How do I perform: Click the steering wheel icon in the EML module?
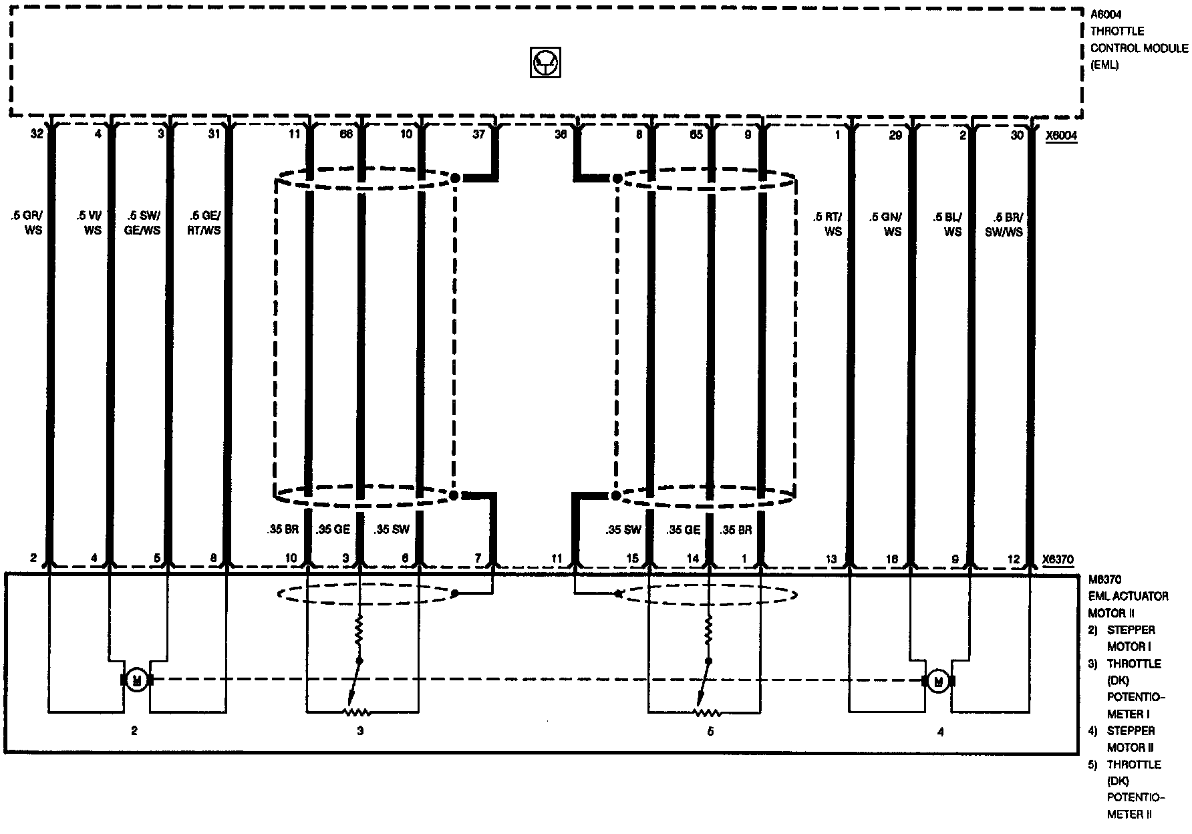[x=545, y=62]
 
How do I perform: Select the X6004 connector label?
[x=1061, y=136]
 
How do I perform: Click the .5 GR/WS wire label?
[x=26, y=223]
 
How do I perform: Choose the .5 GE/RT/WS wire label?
[x=204, y=223]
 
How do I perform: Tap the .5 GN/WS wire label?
[x=886, y=224]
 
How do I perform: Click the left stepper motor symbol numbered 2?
[x=137, y=680]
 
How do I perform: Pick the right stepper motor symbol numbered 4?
[x=939, y=681]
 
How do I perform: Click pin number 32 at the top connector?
[x=37, y=134]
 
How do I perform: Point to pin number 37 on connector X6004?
[x=478, y=134]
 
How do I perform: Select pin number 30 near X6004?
[x=1016, y=135]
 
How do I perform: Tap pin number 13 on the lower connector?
[x=831, y=559]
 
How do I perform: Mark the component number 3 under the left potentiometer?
[x=360, y=731]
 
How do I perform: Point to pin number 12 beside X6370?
[x=1015, y=559]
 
